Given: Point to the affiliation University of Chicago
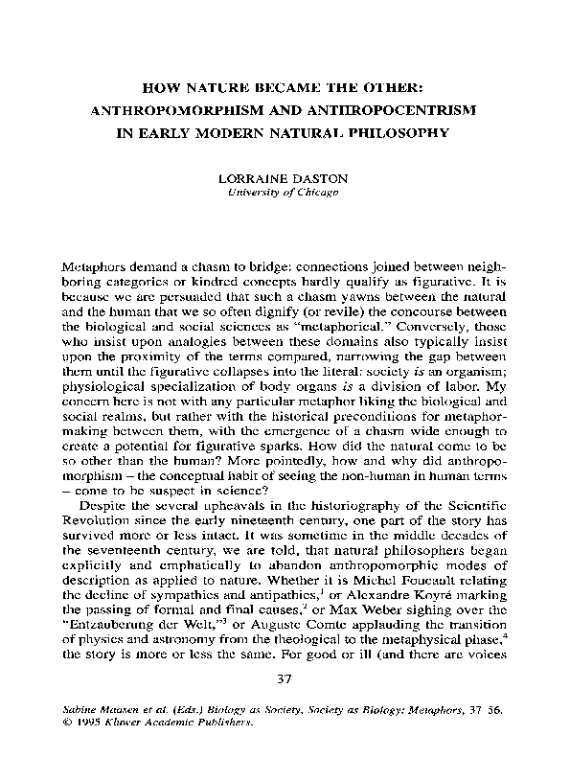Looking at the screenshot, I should click(284, 195).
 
